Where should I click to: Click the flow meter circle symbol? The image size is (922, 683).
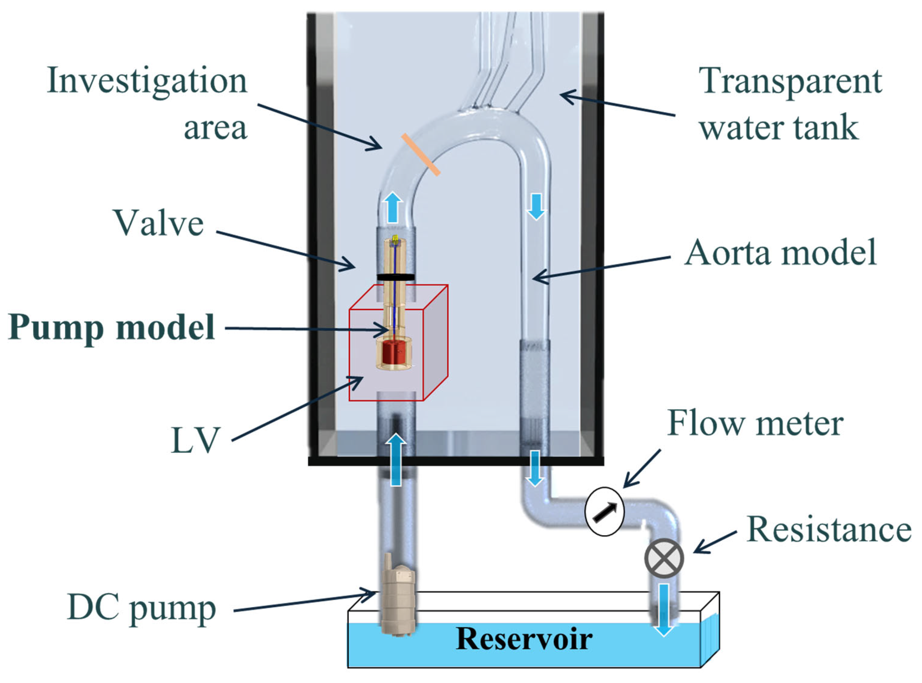[x=604, y=511]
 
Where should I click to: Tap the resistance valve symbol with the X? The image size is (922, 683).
[x=664, y=559]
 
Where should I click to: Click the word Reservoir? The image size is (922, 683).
[x=524, y=639]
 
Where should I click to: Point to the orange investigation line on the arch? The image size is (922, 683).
[x=420, y=155]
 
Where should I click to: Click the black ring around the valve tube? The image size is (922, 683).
[x=396, y=277]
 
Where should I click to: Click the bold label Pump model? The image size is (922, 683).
[x=112, y=328]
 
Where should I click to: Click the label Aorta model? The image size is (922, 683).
[x=780, y=252]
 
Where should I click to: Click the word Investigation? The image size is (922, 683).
[x=147, y=81]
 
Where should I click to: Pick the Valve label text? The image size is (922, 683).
[x=159, y=224]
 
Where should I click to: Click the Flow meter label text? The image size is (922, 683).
[x=756, y=423]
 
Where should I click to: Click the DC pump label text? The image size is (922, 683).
[x=141, y=608]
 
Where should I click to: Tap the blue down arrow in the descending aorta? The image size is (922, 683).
[x=536, y=207]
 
